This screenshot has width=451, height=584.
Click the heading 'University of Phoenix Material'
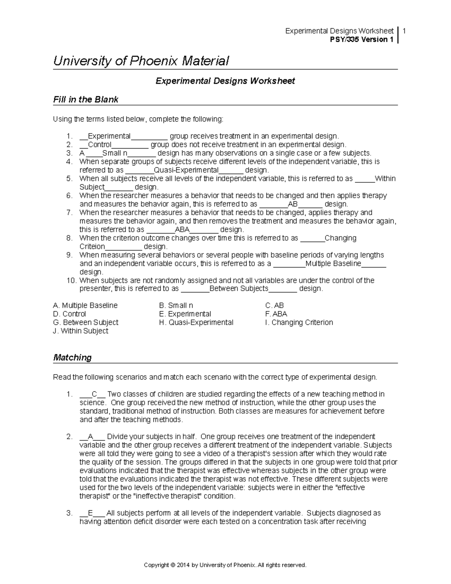click(x=141, y=61)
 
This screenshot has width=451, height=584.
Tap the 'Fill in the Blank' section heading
click(x=86, y=99)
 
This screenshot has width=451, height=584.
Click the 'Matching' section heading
click(x=72, y=357)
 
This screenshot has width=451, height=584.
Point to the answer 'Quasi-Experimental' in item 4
click(x=186, y=170)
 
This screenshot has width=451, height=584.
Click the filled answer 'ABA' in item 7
click(x=183, y=229)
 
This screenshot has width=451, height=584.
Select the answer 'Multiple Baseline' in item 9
click(x=333, y=263)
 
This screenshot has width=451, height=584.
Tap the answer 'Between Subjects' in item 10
click(x=239, y=288)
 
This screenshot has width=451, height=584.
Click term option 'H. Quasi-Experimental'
click(x=196, y=322)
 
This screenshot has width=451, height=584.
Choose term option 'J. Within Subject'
click(x=81, y=331)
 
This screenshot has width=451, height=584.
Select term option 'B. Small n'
click(x=176, y=305)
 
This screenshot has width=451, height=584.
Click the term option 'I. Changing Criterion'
click(x=299, y=322)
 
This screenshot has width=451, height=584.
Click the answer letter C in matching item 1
click(x=94, y=394)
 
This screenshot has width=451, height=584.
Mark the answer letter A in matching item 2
click(x=90, y=437)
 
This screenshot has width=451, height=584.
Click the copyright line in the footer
click(x=225, y=565)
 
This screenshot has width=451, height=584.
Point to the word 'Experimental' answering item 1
click(x=109, y=136)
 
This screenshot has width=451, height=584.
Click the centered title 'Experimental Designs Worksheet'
click(x=225, y=81)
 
